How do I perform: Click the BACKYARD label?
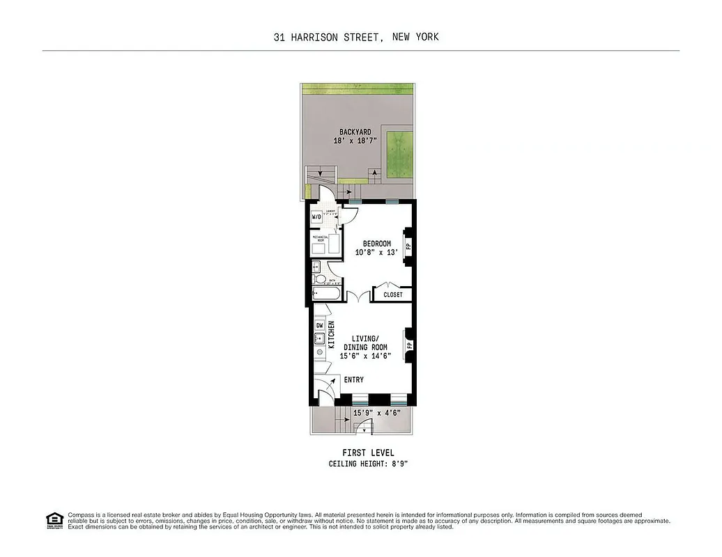[x=355, y=132]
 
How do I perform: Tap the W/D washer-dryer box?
[x=317, y=217]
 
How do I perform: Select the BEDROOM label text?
[x=377, y=244]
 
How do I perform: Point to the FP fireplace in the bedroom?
[x=408, y=245]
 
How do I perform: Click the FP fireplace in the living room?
[x=409, y=345]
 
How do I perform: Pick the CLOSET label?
[x=393, y=295]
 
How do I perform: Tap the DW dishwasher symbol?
[x=320, y=325]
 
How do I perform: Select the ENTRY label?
[x=353, y=379]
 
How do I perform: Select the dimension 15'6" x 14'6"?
[x=364, y=356]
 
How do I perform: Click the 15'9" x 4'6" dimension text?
[x=376, y=413]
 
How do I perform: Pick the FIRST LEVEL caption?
[x=368, y=453]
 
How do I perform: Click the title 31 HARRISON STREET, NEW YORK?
[x=356, y=37]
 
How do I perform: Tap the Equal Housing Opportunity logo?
[x=54, y=519]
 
